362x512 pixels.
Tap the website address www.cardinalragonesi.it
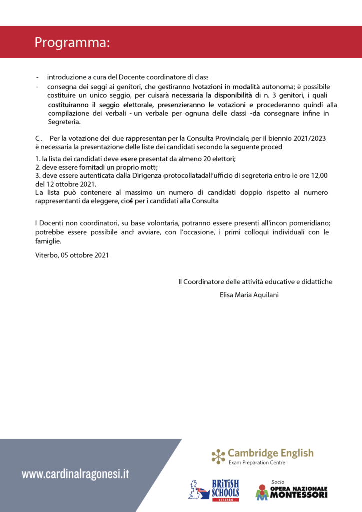pyautogui.click(x=75, y=474)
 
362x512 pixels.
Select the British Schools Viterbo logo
pyautogui.click(x=214, y=490)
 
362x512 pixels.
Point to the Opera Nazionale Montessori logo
pyautogui.click(x=291, y=491)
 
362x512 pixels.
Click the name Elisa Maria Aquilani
pyautogui.click(x=249, y=295)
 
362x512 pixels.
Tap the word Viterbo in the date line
pyautogui.click(x=46, y=255)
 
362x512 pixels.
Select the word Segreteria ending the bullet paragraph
pyautogui.click(x=63, y=122)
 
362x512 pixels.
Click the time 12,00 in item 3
pyautogui.click(x=318, y=176)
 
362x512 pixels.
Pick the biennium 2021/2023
pyautogui.click(x=308, y=138)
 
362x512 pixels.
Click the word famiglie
pyautogui.click(x=48, y=241)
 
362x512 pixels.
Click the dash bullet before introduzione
pyautogui.click(x=38, y=77)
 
